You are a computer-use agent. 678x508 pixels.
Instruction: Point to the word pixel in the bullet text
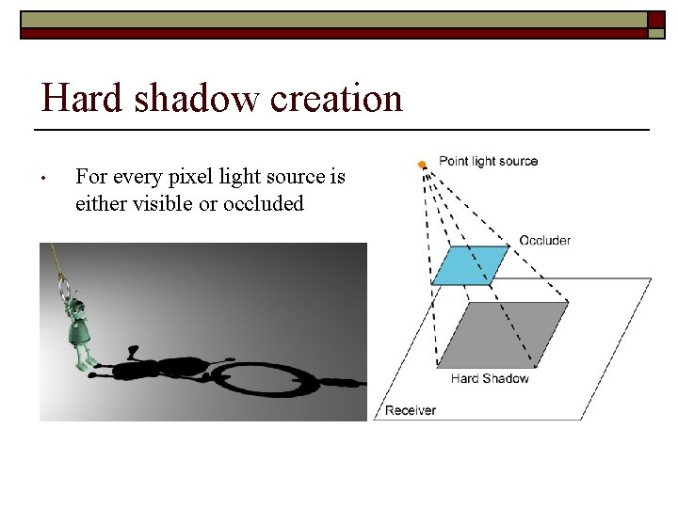pos(201,177)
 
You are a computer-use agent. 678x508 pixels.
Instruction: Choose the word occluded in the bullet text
pos(264,203)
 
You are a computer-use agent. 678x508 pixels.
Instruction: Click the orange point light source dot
pos(422,165)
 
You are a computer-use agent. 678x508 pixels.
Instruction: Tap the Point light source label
pos(488,161)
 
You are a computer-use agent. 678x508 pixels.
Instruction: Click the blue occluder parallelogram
pos(469,264)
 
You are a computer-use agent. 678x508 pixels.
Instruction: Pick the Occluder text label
pos(544,241)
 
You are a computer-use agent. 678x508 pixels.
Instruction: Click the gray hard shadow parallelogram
pos(504,334)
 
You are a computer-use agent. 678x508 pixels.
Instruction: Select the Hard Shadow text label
pos(490,379)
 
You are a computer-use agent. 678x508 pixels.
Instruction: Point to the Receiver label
pos(411,410)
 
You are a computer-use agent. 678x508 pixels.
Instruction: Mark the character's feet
pos(87,359)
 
